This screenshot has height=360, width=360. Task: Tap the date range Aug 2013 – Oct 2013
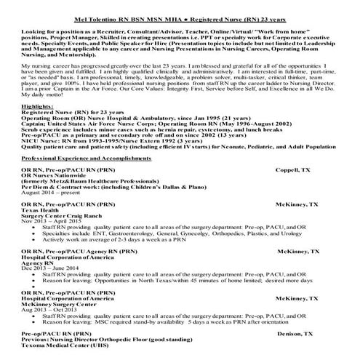50,307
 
